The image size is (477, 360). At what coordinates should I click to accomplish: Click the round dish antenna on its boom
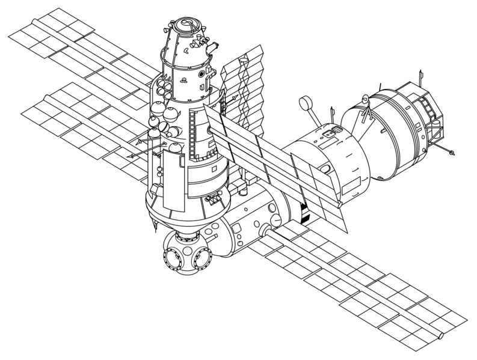(x=306, y=103)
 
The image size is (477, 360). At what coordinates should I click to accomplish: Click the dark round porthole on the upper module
(x=209, y=129)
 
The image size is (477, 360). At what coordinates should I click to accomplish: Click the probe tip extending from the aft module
(x=452, y=154)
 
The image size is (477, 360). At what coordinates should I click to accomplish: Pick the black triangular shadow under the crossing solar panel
(x=305, y=212)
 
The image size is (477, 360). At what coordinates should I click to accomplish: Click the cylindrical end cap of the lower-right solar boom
(x=442, y=332)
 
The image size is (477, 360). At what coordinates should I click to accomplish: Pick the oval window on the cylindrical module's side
(x=325, y=170)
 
